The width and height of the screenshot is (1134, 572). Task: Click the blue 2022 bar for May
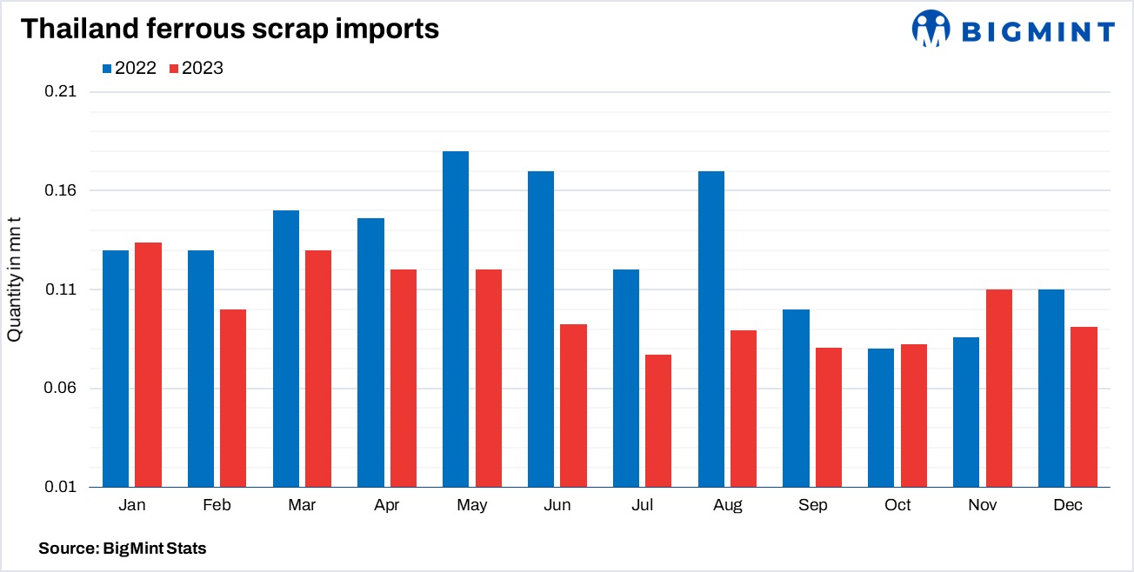click(456, 319)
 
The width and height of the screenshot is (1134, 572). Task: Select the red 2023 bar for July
click(658, 421)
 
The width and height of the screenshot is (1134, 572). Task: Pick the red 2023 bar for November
click(999, 388)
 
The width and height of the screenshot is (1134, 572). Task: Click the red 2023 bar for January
click(149, 364)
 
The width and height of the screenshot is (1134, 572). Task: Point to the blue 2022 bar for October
click(881, 417)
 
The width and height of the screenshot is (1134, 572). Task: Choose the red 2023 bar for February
click(233, 398)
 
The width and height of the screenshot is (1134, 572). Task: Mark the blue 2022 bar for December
click(1051, 388)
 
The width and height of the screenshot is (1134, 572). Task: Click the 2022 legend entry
click(129, 68)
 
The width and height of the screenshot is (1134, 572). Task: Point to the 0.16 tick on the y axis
click(61, 190)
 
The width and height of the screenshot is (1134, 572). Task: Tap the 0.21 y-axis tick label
click(61, 92)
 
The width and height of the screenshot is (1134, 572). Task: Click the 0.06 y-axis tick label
click(61, 388)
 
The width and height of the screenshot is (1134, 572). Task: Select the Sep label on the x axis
click(812, 505)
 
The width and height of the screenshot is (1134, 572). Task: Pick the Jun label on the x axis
click(557, 505)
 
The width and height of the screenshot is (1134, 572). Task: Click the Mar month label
click(302, 505)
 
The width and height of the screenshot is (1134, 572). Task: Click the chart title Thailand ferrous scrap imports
click(230, 29)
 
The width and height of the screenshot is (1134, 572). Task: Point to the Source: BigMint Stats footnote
click(123, 549)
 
